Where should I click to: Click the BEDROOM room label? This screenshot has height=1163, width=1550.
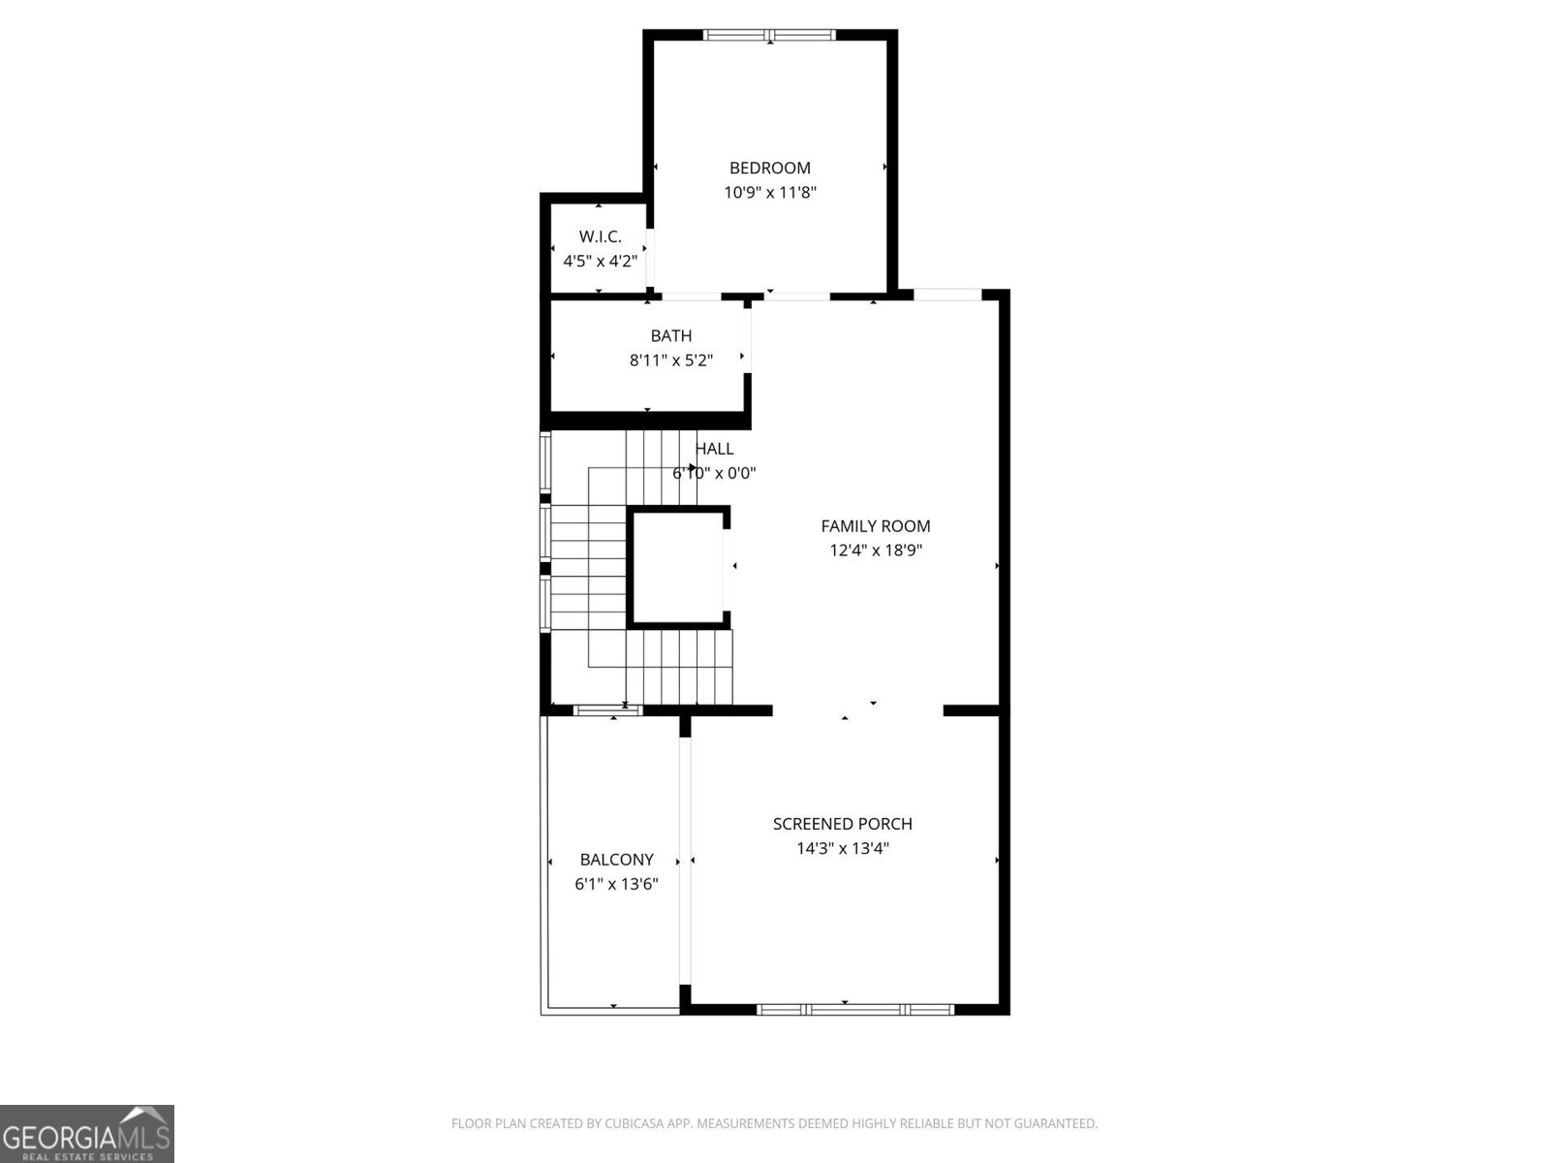click(770, 168)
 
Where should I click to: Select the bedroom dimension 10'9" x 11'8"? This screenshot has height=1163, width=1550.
click(770, 192)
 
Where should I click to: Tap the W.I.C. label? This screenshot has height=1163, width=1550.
click(600, 236)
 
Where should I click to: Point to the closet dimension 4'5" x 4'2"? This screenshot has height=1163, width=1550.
click(600, 261)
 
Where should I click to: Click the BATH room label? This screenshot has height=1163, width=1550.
click(671, 336)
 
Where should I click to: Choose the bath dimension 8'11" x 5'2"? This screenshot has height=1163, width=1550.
click(671, 361)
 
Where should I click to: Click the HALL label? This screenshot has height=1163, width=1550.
click(715, 449)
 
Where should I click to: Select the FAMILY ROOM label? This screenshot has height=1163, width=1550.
click(876, 526)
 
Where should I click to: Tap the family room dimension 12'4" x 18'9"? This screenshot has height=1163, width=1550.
click(876, 550)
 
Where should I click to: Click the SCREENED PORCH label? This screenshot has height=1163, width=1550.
click(843, 824)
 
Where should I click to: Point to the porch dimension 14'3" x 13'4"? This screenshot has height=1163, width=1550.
click(843, 848)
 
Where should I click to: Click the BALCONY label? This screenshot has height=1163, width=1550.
click(616, 860)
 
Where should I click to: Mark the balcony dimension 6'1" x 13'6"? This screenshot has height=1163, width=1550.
click(616, 884)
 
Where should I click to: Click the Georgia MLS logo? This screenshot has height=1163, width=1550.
click(87, 1134)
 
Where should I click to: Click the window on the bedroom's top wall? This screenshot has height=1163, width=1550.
click(769, 36)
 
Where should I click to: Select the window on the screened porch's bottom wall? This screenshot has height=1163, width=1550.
click(855, 1009)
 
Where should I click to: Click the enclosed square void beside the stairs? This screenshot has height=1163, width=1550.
click(677, 567)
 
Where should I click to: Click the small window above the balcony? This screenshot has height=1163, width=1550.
click(607, 710)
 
